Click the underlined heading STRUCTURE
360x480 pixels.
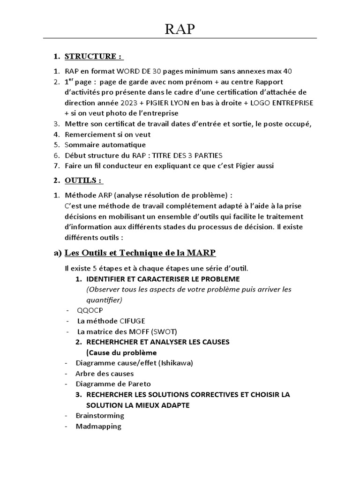tap(93, 57)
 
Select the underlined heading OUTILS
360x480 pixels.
tap(83, 180)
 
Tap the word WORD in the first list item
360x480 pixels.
tap(128, 72)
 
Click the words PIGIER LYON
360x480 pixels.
tap(171, 103)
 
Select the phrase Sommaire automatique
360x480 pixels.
tap(105, 145)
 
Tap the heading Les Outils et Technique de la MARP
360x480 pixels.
tap(140, 253)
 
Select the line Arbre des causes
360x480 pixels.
tap(105, 374)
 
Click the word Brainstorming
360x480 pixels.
tap(100, 416)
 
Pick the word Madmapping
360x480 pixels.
tap(98, 427)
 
